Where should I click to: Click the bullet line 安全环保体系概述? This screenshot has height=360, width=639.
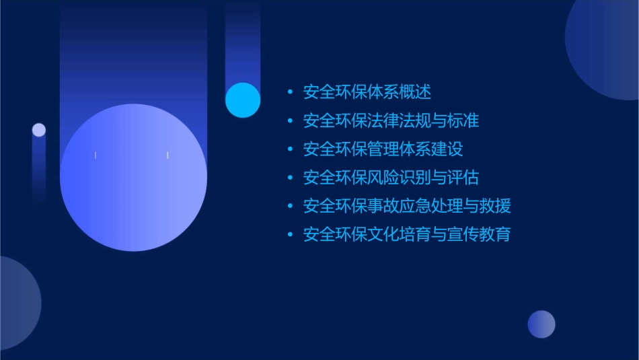click(367, 92)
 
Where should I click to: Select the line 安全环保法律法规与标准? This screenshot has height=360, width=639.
click(391, 121)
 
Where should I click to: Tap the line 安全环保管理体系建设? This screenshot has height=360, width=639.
click(383, 149)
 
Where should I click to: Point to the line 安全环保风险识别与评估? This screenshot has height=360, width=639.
click(391, 178)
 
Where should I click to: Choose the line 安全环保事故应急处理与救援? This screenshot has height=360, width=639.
click(407, 206)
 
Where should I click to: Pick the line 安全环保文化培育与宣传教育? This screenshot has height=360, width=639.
click(407, 234)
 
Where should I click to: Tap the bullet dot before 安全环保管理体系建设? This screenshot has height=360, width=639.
click(290, 149)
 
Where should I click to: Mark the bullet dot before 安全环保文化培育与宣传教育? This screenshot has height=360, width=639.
click(290, 235)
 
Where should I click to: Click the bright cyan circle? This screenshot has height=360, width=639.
click(243, 100)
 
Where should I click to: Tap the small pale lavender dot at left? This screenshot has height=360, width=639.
click(39, 130)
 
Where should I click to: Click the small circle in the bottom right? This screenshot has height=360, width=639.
click(541, 324)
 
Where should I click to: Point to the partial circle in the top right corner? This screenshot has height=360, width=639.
click(605, 47)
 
